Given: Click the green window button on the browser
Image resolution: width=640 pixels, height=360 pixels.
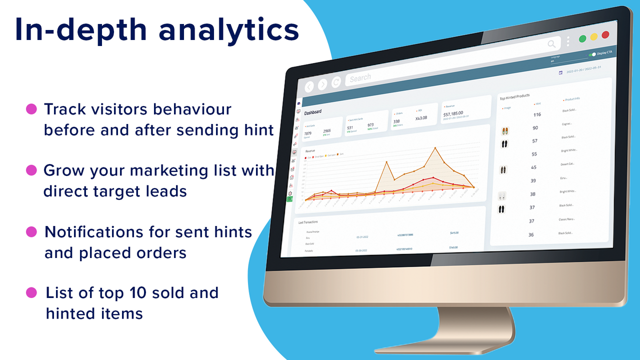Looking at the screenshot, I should click(582, 38).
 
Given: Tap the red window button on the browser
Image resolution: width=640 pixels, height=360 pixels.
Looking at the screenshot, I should click(605, 35).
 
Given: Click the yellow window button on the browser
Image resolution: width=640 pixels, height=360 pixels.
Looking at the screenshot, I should click(594, 36).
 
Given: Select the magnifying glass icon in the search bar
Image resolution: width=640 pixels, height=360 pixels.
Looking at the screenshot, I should click(551, 44).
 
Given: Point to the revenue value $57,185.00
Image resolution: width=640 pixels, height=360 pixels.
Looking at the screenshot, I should click(453, 113).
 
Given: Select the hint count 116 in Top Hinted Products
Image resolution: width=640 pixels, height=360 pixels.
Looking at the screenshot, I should click(536, 114).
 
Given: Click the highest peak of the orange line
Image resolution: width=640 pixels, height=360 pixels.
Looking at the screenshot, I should click(435, 147).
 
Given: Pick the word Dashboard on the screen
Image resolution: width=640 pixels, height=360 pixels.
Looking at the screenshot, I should click(312, 112).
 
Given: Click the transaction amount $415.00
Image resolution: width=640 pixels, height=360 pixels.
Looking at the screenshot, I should click(453, 233).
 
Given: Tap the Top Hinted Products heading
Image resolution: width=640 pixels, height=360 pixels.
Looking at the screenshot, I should click(514, 96).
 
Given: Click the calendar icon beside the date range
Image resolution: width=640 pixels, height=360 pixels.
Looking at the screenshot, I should click(560, 72).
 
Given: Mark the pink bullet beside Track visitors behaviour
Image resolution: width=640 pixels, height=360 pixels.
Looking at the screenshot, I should click(31, 108).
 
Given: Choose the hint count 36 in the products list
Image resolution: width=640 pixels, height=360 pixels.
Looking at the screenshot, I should click(530, 234).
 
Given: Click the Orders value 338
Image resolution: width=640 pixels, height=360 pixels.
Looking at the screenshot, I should click(396, 121).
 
